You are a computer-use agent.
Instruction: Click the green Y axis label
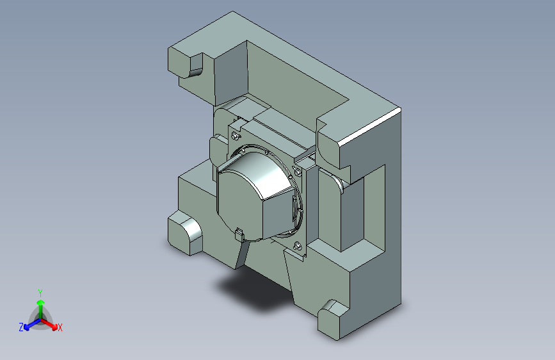tap(40, 293)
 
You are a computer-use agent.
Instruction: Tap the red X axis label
tap(60, 327)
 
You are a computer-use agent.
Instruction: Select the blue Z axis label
tap(21, 327)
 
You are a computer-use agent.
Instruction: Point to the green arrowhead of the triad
tap(41, 302)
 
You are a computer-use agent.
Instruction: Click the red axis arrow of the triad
tap(49, 324)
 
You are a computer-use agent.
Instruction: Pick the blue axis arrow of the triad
tap(32, 324)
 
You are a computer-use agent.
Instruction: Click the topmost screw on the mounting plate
tap(235, 136)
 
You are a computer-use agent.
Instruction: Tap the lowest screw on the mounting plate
tap(297, 245)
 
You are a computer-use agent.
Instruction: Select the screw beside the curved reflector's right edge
tap(297, 172)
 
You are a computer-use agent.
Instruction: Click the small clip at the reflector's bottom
tap(239, 234)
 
